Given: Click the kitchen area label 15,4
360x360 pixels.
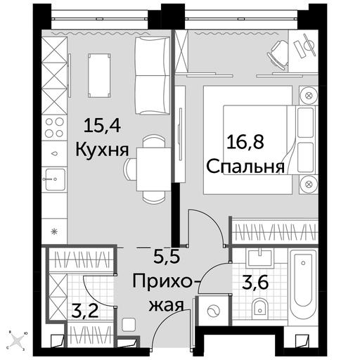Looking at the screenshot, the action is (102, 125).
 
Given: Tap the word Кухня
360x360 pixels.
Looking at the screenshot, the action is (102, 150).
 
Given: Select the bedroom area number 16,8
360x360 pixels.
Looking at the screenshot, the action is (245, 142).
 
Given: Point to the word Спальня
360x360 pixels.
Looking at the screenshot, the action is (245, 167).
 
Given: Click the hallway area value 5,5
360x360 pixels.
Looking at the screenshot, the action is (167, 256).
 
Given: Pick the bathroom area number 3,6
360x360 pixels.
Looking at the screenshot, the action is (255, 283).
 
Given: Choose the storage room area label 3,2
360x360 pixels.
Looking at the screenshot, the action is (85, 311).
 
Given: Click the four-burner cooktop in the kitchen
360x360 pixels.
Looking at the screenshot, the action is (54, 127).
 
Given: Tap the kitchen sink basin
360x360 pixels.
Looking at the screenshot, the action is (55, 179).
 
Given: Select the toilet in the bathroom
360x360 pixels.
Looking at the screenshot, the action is (260, 306).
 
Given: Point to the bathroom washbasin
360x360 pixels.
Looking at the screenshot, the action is (260, 258).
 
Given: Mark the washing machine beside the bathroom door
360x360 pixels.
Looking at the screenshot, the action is (213, 311).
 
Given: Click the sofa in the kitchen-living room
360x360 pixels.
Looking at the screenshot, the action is (153, 76).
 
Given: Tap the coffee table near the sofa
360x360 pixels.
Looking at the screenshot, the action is (99, 75).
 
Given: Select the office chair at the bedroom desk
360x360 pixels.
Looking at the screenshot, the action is (278, 55).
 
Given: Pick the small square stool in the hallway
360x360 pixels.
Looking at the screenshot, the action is (129, 325).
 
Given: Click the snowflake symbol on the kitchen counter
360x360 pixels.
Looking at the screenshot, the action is (54, 232).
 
